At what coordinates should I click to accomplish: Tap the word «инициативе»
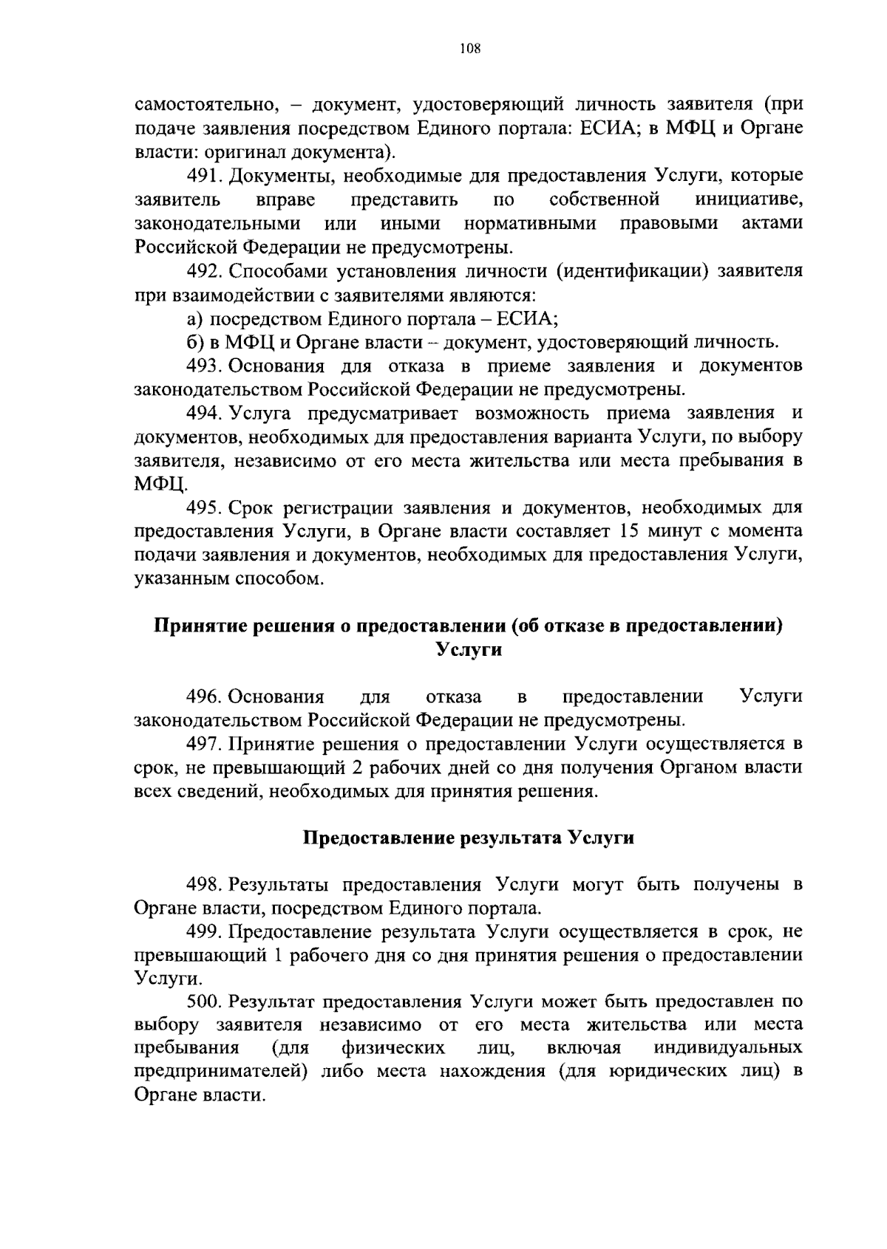click(749, 200)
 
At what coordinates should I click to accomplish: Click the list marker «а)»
click(194, 319)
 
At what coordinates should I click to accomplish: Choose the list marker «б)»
click(194, 343)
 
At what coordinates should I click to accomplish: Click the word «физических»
click(393, 1049)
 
